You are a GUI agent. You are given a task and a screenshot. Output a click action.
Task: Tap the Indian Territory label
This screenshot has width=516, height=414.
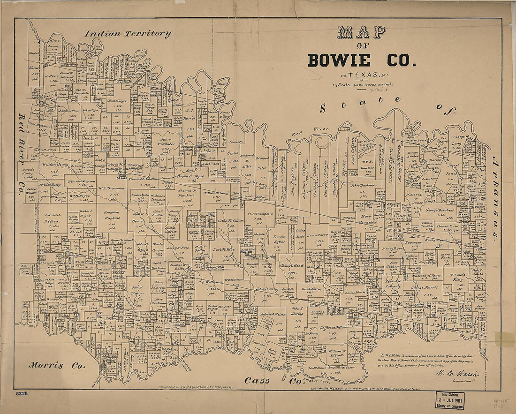[x=128, y=34]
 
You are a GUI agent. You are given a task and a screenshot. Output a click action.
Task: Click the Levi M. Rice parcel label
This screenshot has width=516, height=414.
[x=223, y=249]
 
